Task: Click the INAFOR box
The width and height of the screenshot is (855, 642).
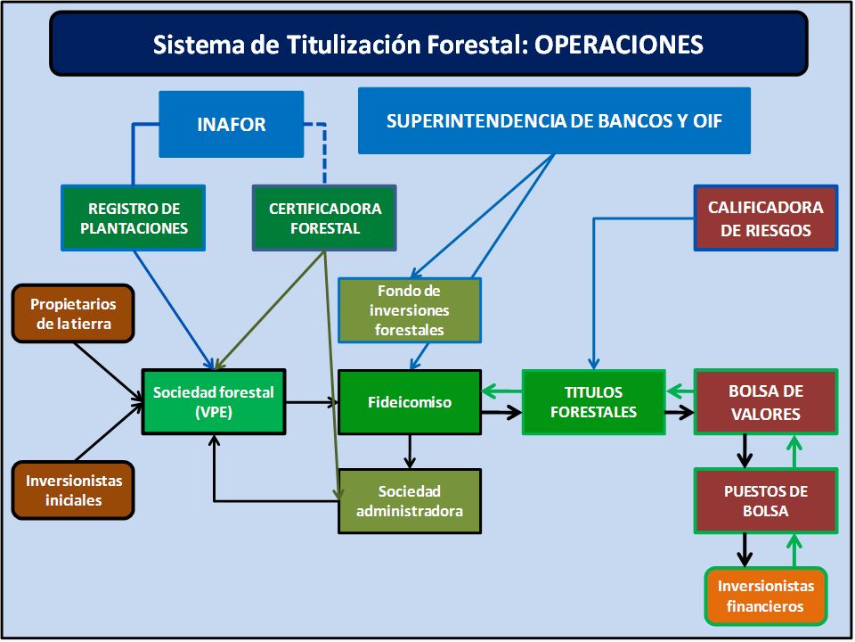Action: pos(232,125)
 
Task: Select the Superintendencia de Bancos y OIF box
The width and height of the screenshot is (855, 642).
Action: pos(554,120)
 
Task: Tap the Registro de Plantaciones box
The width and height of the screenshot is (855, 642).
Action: pos(134,218)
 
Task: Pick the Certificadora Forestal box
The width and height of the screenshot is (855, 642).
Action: pos(324,218)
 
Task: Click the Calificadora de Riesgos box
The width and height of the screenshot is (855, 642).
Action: pos(766,218)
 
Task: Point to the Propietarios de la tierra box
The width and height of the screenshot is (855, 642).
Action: pos(73,313)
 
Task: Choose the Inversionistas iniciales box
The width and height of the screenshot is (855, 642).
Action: pos(73,490)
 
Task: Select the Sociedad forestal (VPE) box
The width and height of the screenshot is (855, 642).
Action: pos(214,402)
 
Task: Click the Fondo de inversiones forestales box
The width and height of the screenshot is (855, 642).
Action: pos(410,310)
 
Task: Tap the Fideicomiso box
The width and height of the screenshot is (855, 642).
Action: pos(410,402)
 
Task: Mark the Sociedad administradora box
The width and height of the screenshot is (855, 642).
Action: pos(410,501)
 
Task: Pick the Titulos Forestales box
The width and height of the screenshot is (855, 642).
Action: pos(594,402)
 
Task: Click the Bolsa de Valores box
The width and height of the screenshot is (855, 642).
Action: pos(766,402)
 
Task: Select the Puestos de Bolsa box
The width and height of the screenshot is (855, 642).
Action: pos(766,500)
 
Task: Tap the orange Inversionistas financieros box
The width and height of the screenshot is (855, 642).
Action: pos(766,597)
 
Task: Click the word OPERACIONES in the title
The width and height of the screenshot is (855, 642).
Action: pos(619,45)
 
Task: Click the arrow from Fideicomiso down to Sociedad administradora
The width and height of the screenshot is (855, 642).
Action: pos(410,452)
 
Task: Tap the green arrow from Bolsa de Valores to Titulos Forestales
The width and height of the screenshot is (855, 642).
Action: pos(680,391)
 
